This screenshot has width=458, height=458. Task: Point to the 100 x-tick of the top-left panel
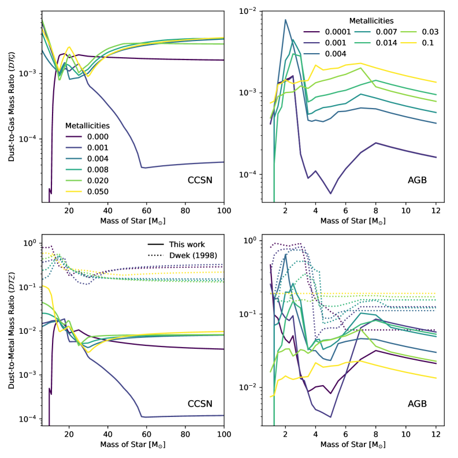pos(224,211)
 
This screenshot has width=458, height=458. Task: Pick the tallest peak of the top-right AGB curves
pos(285,20)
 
